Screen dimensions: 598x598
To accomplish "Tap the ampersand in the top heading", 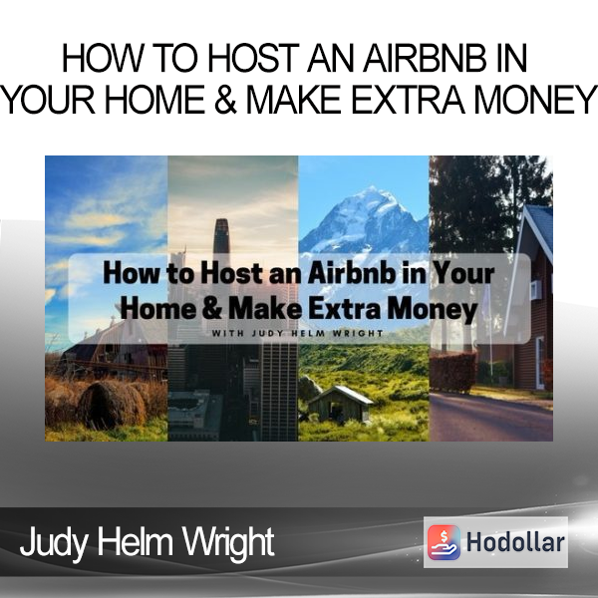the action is click(x=225, y=100).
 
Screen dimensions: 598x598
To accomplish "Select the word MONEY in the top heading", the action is click(x=533, y=100).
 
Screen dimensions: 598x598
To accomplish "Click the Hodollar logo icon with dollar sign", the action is click(x=444, y=542).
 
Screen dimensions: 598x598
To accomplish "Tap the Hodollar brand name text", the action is click(x=515, y=542).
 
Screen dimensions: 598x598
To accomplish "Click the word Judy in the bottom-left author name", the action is click(x=53, y=542).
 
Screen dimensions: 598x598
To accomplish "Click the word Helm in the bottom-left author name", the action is click(x=134, y=541).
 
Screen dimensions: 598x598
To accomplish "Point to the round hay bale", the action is click(x=114, y=404).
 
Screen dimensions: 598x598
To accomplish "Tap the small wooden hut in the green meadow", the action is click(x=341, y=404).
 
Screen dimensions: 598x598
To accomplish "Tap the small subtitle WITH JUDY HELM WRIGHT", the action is click(x=297, y=333).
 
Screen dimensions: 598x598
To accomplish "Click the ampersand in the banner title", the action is click(x=212, y=309).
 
